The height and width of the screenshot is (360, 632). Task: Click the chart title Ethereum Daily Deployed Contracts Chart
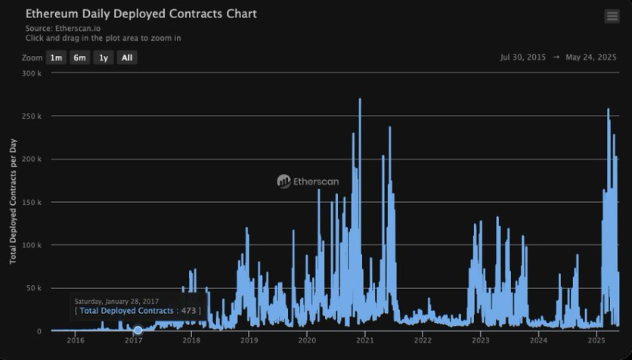coord(141,14)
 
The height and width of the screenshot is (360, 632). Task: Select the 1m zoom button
coord(56,57)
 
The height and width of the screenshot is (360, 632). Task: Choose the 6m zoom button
coord(79,57)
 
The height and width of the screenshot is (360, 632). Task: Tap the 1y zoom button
coord(104,57)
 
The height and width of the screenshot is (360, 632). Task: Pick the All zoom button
coord(127,57)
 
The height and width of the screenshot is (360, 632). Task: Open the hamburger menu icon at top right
coord(612,17)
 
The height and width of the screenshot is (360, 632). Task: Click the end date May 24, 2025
coord(591,57)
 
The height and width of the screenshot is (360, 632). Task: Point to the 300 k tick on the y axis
coord(31,73)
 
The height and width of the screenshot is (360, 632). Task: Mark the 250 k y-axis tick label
coord(31,116)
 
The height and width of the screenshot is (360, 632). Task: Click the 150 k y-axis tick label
coord(31,203)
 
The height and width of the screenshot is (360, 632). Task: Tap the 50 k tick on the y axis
coord(33,288)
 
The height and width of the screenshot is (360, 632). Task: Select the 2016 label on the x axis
coord(76,340)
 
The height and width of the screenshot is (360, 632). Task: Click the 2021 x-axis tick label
coord(365,340)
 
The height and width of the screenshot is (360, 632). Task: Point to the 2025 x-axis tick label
coord(596,340)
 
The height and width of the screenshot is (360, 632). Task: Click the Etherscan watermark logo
coord(308,182)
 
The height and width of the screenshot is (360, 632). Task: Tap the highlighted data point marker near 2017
coord(138,331)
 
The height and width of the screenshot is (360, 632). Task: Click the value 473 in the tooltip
coord(189,311)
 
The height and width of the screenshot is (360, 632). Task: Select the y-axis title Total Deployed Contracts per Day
coord(14,203)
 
